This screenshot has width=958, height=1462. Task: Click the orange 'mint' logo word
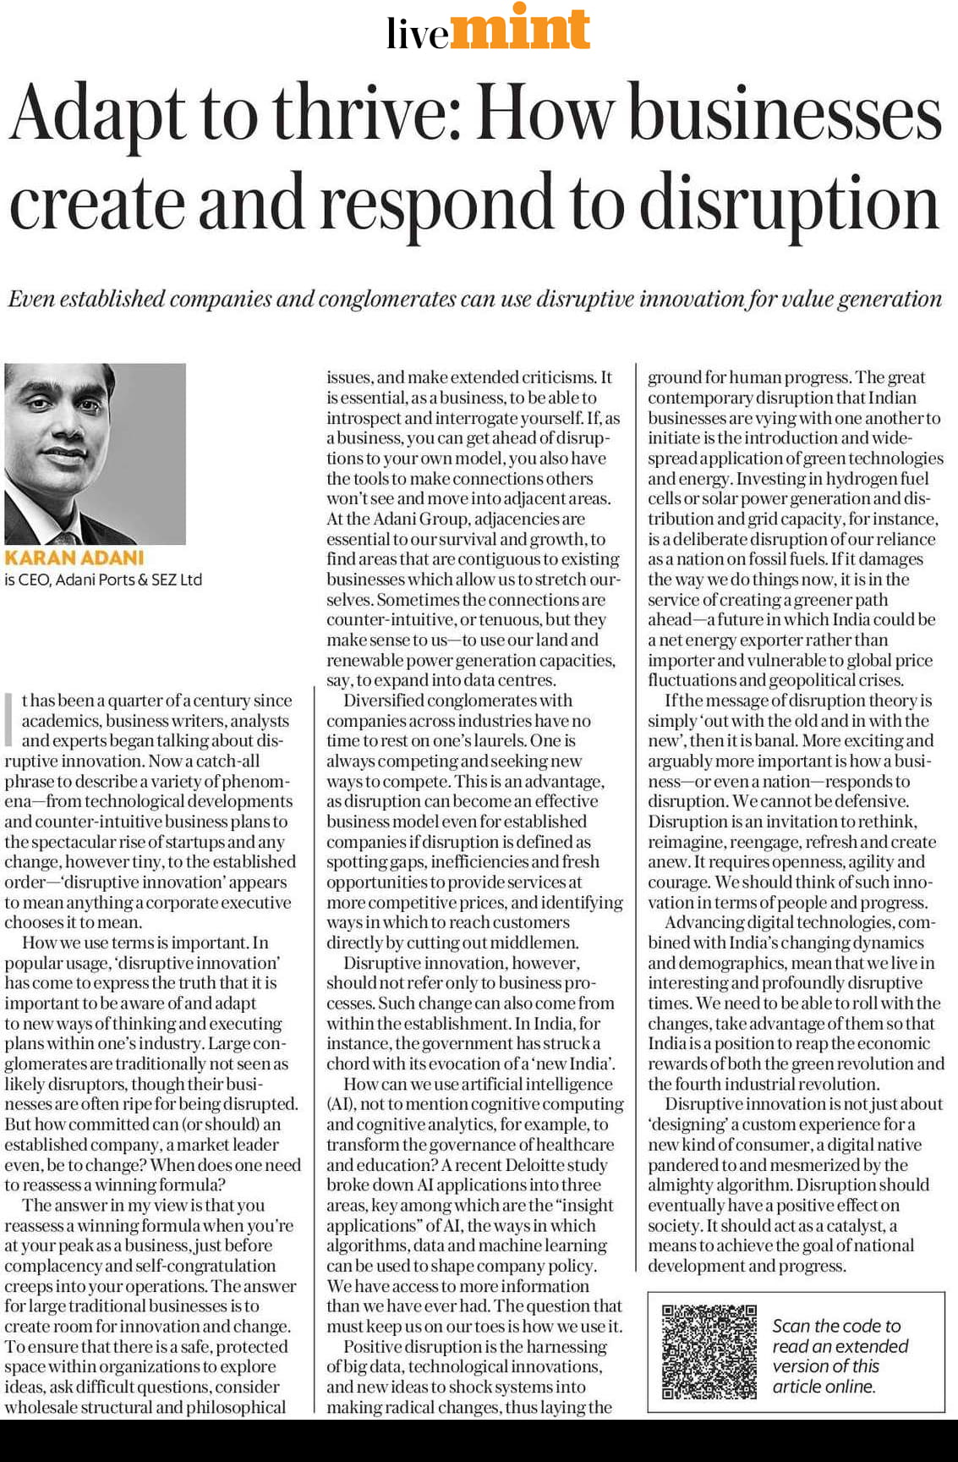(521, 27)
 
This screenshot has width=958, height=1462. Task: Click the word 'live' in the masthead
(418, 34)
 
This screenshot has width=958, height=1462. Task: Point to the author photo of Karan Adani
(95, 453)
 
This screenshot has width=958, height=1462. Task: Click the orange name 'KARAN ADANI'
(74, 558)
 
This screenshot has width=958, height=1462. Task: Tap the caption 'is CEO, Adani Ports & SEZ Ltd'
(103, 580)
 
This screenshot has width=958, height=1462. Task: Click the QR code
(709, 1351)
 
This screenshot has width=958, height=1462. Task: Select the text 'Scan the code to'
(836, 1326)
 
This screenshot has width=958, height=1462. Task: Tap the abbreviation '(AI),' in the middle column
(341, 1104)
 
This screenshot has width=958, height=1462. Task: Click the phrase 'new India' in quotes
(574, 1064)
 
